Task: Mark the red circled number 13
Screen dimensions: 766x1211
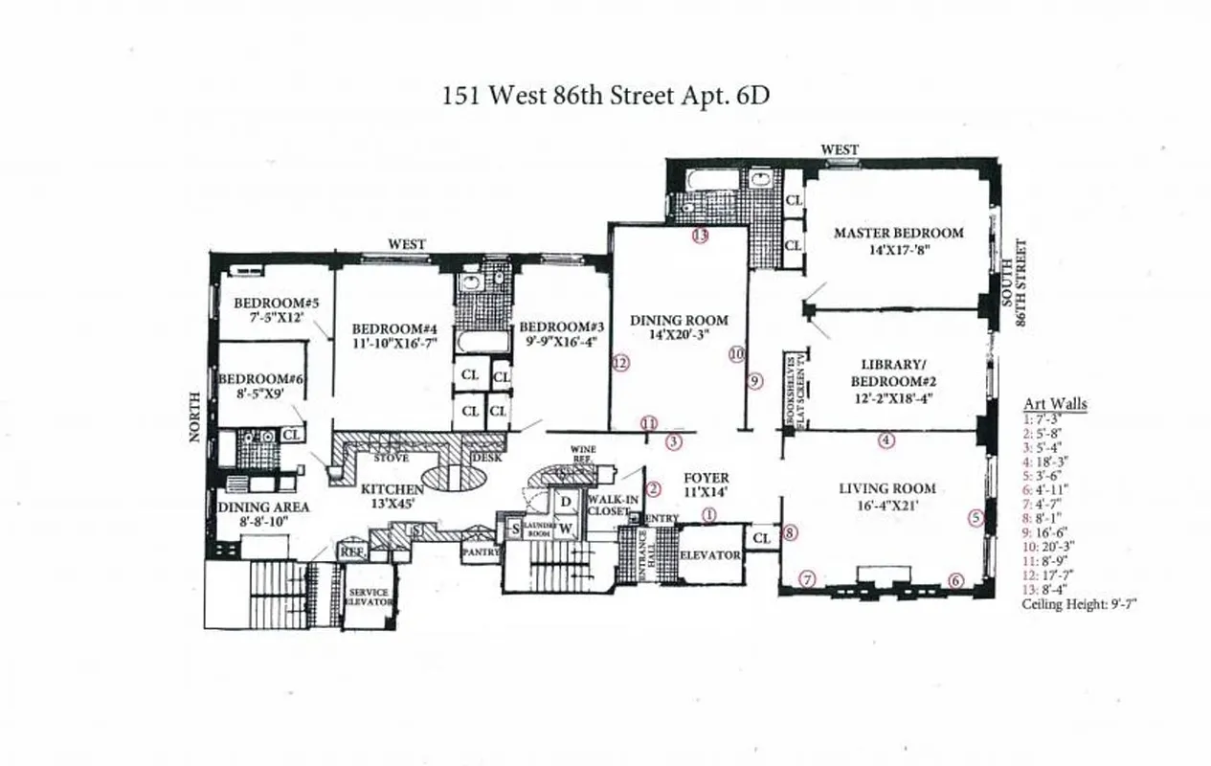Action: (700, 235)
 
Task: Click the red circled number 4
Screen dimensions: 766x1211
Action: (886, 440)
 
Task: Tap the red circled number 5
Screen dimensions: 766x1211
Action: (976, 517)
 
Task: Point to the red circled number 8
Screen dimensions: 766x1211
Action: (789, 533)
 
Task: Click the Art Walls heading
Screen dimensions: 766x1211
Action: (1055, 404)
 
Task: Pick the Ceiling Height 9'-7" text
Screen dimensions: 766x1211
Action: (1079, 604)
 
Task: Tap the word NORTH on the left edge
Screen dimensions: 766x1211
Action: (195, 417)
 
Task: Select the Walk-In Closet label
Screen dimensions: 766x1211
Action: (612, 505)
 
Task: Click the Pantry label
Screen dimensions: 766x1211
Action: (478, 552)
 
